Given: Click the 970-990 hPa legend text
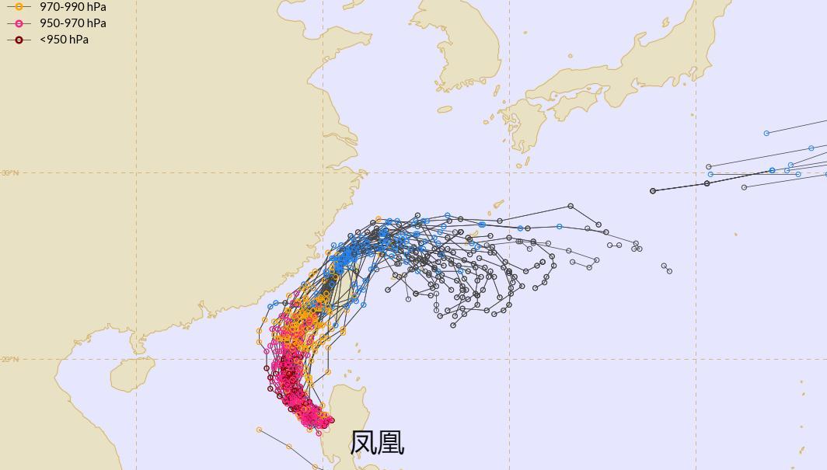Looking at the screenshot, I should pos(72,6).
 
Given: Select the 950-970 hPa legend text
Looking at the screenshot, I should pos(72,23).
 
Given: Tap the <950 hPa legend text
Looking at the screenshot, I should pos(64,40).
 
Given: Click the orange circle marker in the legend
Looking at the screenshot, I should pos(19,6).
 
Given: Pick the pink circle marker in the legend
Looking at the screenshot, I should pos(19,23).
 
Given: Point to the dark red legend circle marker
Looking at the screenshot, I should pos(19,40).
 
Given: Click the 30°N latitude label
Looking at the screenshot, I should pos(10,172).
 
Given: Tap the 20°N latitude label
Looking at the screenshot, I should pos(10,359).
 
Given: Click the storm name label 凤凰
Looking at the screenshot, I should pos(378,443).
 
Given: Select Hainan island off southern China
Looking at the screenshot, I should pos(133,374).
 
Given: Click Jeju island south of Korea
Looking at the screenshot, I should pos(445,110).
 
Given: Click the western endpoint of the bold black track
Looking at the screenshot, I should pos(653,190).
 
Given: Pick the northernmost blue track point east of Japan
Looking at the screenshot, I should pos(766,133).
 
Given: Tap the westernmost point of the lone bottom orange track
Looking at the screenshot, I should pos(260,430).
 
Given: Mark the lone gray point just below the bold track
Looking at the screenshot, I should pos(744,187).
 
